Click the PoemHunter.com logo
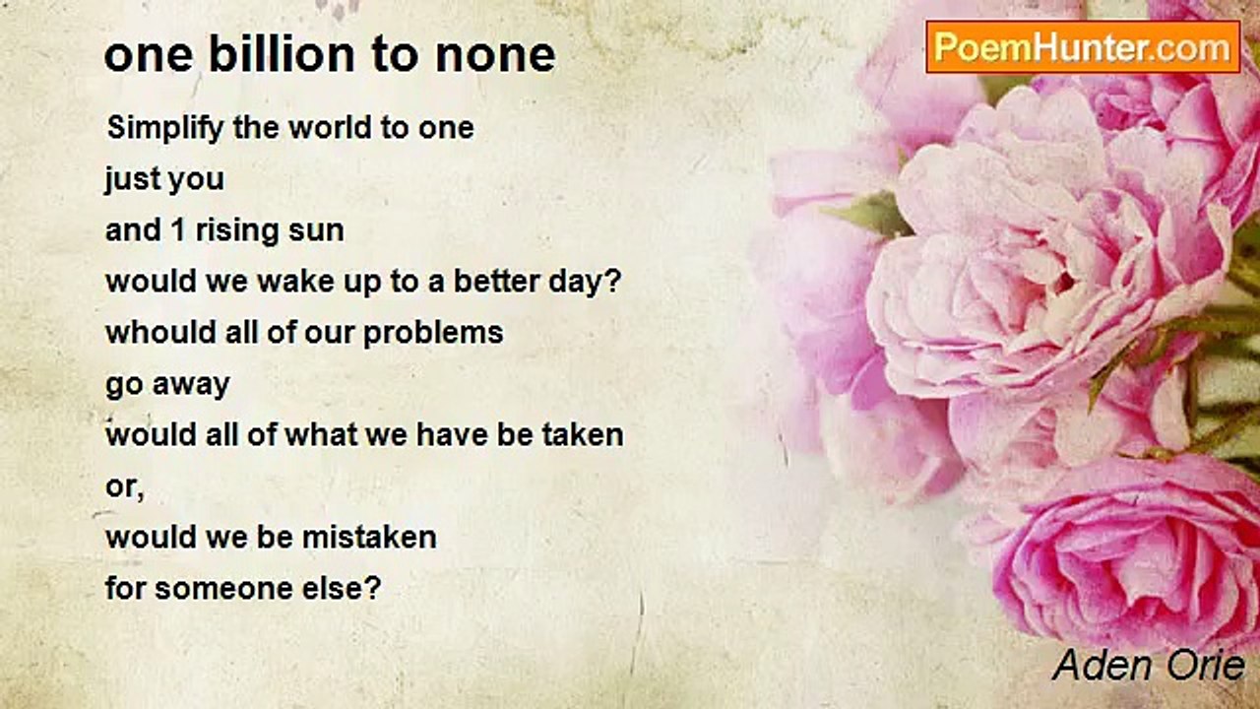[x=1083, y=47]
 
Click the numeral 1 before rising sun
[x=178, y=230]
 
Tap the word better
[x=497, y=282]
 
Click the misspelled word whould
[x=161, y=332]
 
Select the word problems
[x=433, y=333]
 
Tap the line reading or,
[x=125, y=486]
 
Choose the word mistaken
[x=369, y=537]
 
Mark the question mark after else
[x=373, y=588]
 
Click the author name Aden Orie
[x=1148, y=665]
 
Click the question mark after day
[x=612, y=281]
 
